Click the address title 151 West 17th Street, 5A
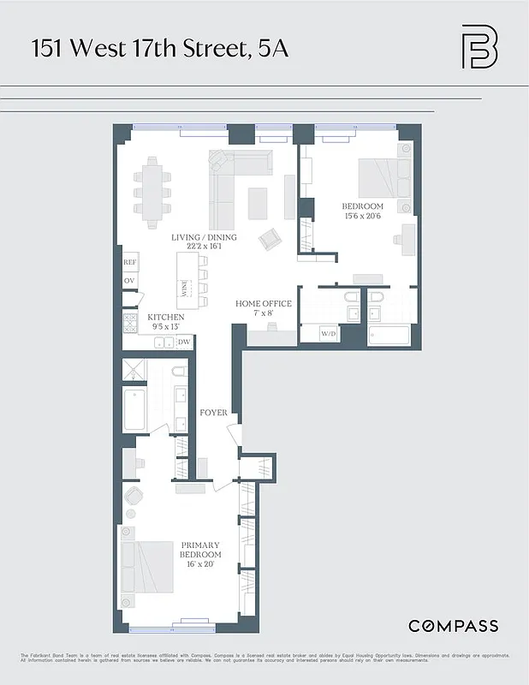pos(160,48)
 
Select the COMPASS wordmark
pos(453,626)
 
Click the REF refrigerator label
pos(130,263)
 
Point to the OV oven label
pos(129,281)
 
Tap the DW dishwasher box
pos(183,342)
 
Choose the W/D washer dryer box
pos(329,334)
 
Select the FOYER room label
pos(213,413)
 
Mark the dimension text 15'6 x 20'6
pos(362,217)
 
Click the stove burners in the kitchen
pos(131,323)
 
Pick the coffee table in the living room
pos(260,203)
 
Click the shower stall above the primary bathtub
pos(136,371)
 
